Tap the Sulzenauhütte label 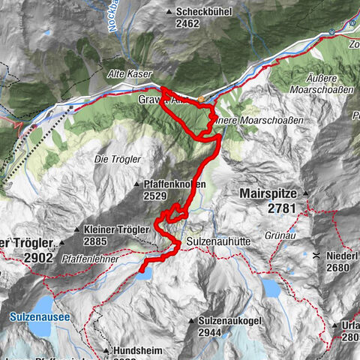pos(219,244)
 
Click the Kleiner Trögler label pos(117,229)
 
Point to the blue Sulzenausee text pos(40,317)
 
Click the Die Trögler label pos(113,158)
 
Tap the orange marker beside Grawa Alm pos(200,98)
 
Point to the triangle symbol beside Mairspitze pos(305,193)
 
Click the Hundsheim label pos(140,350)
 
